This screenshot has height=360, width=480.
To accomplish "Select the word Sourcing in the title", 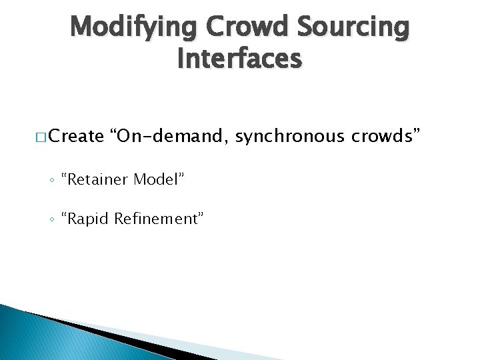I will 354,29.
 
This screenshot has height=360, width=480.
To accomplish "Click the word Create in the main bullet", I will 76,137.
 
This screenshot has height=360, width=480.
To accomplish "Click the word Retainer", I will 97,179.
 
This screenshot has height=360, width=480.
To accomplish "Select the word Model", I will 158,179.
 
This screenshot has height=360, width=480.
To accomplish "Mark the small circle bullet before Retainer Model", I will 51,180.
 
